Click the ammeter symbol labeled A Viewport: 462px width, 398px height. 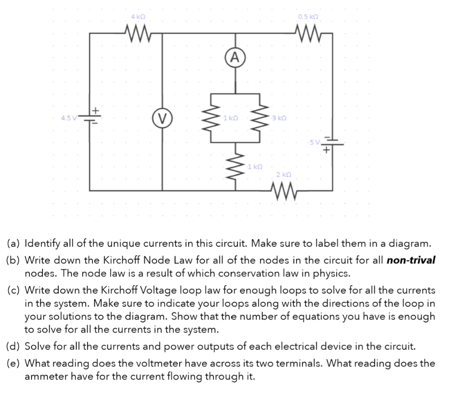(x=235, y=57)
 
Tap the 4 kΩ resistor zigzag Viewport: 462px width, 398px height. (x=135, y=33)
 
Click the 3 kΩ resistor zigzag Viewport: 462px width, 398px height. (x=259, y=118)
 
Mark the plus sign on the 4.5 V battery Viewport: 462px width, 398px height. (x=96, y=110)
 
